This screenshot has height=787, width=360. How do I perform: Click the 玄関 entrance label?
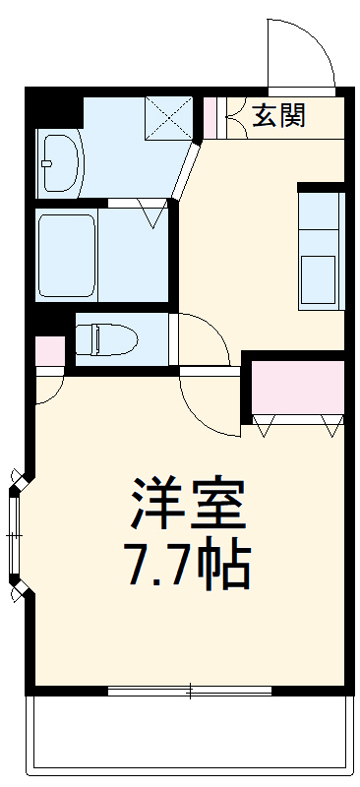point(278,115)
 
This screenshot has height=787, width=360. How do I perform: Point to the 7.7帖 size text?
point(187,563)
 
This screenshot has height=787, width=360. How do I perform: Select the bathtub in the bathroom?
point(67,255)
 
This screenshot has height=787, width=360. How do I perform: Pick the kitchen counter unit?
point(321,247)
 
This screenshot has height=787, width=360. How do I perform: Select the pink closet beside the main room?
point(298,387)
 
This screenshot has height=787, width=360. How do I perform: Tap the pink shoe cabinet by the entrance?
point(209,116)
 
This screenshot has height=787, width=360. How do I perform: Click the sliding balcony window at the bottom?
point(187,691)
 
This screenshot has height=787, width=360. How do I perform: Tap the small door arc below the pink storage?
point(49,388)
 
